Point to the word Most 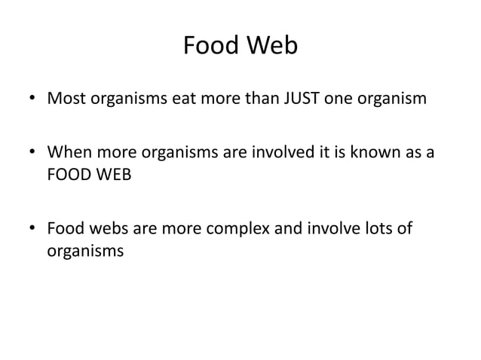pos(66,98)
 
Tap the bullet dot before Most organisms pos(33,99)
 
